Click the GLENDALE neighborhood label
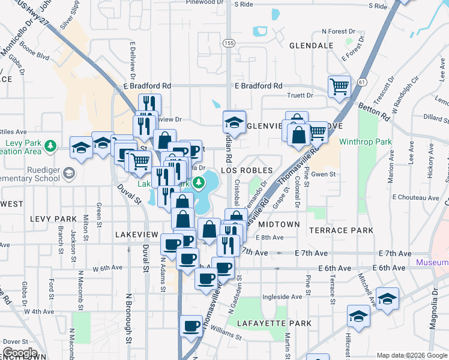coord(311,46)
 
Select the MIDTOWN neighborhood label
coord(279,224)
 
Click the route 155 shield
coord(229,43)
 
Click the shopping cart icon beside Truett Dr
coord(339,86)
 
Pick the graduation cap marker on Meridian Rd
coord(234,122)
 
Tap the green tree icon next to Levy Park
coord(51,145)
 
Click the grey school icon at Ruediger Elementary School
coord(70,173)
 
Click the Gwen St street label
coord(322,174)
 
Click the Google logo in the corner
coord(20,353)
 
